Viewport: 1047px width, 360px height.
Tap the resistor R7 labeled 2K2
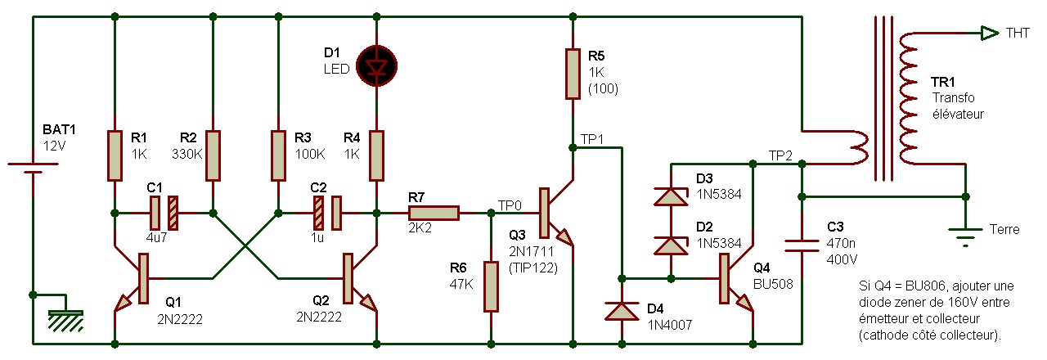(x=434, y=214)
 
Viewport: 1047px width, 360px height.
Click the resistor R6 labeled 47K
(x=491, y=286)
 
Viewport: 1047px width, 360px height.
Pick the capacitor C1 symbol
(x=164, y=214)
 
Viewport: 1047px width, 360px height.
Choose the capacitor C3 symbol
(x=802, y=245)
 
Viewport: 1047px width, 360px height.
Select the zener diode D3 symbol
(x=671, y=196)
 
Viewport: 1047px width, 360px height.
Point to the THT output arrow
(x=990, y=33)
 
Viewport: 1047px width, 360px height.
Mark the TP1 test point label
(x=591, y=139)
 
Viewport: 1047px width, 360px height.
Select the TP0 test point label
(x=510, y=205)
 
